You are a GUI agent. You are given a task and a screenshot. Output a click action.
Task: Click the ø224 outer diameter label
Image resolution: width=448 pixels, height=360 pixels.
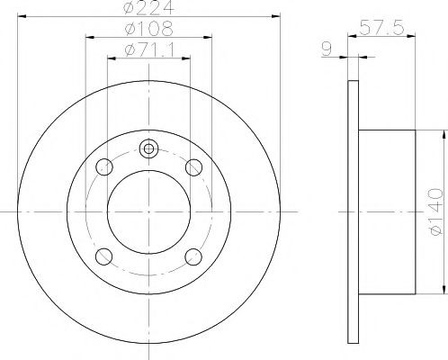click(x=148, y=10)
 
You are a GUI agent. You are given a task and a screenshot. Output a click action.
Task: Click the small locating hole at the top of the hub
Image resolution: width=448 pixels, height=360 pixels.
click(x=149, y=149)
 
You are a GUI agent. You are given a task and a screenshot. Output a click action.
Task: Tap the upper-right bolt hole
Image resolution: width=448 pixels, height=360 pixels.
click(x=193, y=166)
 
